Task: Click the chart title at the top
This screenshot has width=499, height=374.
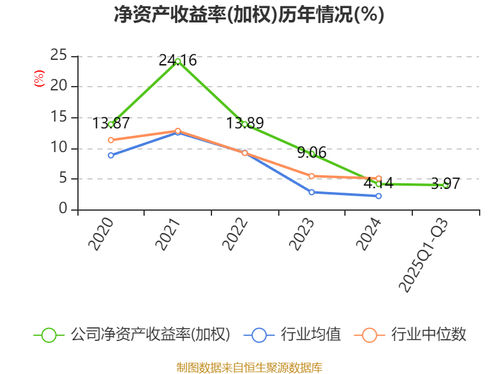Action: [249, 15]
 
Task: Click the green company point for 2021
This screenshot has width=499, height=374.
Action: [178, 61]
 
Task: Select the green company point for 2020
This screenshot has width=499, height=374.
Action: [111, 124]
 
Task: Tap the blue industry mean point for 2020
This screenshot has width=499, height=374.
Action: [111, 155]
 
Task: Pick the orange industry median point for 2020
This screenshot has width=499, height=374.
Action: [111, 140]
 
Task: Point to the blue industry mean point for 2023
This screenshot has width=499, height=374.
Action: [311, 192]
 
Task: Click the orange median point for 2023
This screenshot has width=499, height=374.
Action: [311, 176]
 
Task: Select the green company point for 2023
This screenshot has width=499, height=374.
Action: [311, 153]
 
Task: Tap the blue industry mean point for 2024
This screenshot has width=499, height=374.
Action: [379, 196]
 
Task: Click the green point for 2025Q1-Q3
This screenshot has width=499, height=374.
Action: [445, 185]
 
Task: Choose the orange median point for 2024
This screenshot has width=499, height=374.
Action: [379, 178]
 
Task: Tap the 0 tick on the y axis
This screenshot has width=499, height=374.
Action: [63, 209]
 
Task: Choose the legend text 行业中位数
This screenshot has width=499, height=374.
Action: [429, 335]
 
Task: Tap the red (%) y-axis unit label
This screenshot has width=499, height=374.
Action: [39, 79]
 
